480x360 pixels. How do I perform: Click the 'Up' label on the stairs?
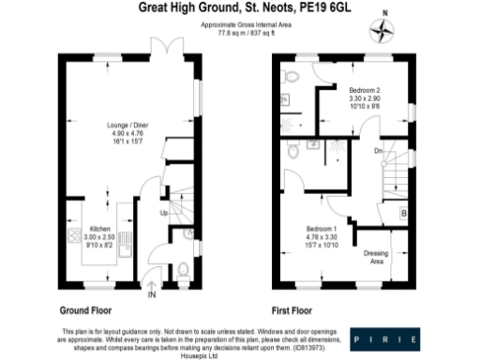tap(166, 214)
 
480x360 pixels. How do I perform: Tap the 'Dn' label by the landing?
tap(377, 149)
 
